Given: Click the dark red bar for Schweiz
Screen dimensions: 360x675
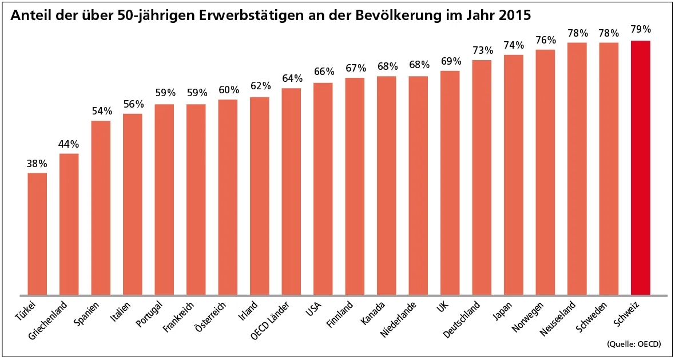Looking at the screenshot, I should (x=640, y=166).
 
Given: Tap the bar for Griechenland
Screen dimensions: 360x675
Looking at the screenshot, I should (x=69, y=223).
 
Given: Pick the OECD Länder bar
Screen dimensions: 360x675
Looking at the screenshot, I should (x=291, y=192).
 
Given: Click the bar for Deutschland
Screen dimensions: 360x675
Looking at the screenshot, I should (x=482, y=177).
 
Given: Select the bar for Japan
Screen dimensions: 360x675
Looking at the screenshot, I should (x=513, y=175).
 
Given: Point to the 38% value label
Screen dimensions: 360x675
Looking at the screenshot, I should (x=37, y=164).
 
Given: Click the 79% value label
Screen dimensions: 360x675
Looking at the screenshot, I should (x=640, y=30).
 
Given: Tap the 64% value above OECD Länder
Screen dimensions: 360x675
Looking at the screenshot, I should (x=291, y=78).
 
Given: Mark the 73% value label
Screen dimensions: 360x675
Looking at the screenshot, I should (x=482, y=50).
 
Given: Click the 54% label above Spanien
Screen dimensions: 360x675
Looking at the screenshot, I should (x=101, y=111).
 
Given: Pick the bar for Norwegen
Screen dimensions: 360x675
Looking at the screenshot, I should (x=545, y=172).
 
